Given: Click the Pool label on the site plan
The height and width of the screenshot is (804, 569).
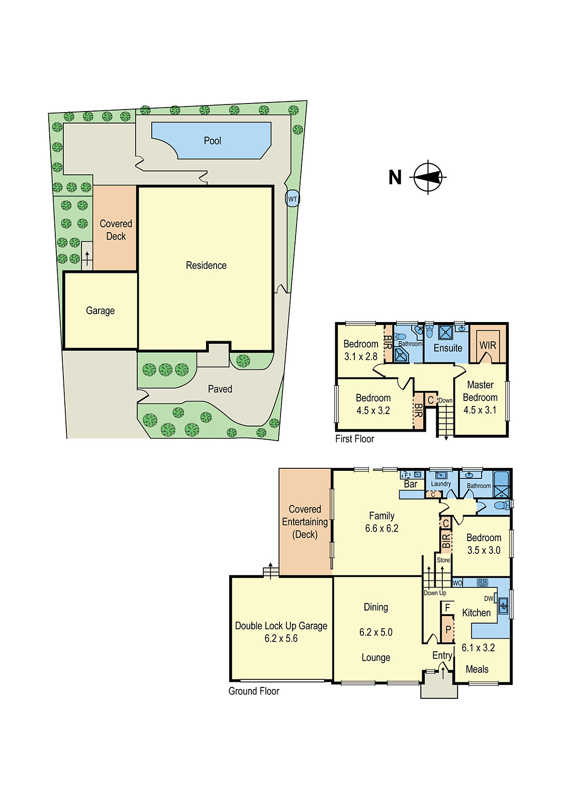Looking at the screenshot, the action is coord(212,141).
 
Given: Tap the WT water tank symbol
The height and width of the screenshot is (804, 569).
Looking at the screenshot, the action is coord(293,199).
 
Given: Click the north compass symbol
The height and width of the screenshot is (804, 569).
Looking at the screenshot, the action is coord(428,177).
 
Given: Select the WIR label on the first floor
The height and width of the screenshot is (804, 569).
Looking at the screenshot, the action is coord(488,345).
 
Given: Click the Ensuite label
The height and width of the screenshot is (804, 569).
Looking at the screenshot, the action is coord(448,348).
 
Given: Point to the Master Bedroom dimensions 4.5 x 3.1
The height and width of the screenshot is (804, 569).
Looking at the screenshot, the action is coord(480,410).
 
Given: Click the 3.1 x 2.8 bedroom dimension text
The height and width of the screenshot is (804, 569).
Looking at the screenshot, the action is coord(360,357).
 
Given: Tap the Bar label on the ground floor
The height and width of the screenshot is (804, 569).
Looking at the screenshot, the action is coord(411,484).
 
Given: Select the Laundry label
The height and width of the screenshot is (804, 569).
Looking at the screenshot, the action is coord(441,484).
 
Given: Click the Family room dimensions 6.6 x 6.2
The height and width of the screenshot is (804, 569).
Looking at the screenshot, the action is coord(382,529).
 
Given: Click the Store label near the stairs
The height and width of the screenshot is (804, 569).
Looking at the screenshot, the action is coord(443,560).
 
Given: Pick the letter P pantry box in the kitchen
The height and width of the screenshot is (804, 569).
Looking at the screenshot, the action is coord(448,630).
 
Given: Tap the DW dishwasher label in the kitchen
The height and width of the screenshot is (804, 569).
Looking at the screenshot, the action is coord(489,599).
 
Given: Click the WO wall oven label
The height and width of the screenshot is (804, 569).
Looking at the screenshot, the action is coord(457,583).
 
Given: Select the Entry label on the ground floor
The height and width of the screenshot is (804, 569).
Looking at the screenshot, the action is coord(442,656).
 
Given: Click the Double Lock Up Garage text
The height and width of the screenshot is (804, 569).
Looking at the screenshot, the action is coord(281,626).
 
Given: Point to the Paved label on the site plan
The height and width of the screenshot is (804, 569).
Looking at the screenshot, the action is coord(220,389).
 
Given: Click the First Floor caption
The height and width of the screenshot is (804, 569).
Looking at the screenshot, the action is coord(355,439).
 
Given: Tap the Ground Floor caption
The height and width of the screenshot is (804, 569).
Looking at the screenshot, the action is coord(254,691).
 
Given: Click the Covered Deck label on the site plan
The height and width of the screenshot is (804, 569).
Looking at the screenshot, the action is coord(116,230).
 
